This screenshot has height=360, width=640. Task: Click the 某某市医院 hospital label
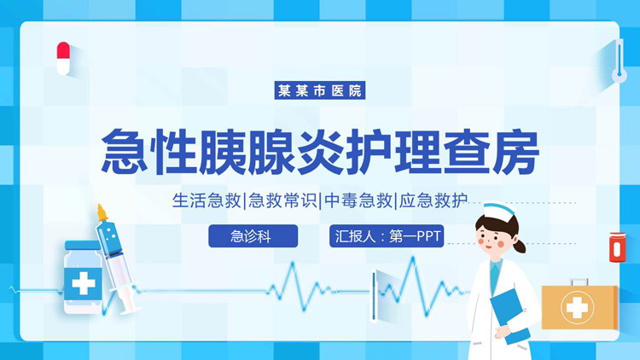[x=320, y=90]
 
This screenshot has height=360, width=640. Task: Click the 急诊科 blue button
[x=253, y=236]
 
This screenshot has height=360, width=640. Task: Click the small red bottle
[x=614, y=247]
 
